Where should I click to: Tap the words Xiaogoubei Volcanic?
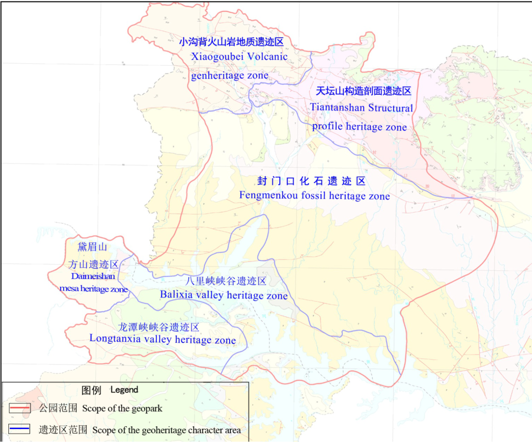pos(239,56)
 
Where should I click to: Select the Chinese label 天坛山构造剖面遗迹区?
pos(363,91)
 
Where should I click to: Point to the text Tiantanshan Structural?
pos(362,108)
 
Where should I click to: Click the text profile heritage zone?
pos(360,127)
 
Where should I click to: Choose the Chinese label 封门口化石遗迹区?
pos(312,181)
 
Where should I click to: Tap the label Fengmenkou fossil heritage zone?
pos(314,196)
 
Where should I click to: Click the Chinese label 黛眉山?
pos(93,247)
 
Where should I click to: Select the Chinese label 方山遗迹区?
pos(94,264)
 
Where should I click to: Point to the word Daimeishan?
pos(93,276)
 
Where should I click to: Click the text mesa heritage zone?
pos(93,289)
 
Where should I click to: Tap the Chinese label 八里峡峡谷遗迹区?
pos(226,281)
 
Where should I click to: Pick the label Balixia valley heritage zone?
pos(224,295)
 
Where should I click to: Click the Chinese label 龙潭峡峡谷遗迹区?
pos(158,327)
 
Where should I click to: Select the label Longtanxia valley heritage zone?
pos(163,339)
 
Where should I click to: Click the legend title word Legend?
pos(124,390)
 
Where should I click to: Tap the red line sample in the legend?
pos(20,408)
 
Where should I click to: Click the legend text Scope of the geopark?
pos(122,408)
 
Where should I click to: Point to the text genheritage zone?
pos(230,75)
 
